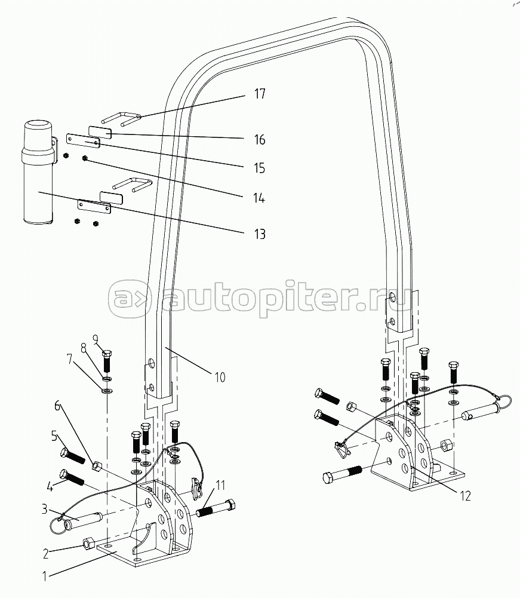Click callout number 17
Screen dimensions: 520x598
click(260, 94)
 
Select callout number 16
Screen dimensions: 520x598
click(260, 140)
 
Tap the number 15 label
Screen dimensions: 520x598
click(259, 168)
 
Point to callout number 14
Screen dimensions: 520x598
click(259, 198)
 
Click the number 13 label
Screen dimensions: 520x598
click(260, 234)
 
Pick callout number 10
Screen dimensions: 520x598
click(220, 377)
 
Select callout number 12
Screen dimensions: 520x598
click(465, 496)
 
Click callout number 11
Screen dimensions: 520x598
click(220, 486)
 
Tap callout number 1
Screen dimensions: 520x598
click(45, 576)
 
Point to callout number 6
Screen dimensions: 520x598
click(57, 406)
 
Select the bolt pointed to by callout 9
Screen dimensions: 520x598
click(107, 361)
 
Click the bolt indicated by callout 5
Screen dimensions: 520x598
click(72, 456)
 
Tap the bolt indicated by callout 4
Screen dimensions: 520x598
click(72, 477)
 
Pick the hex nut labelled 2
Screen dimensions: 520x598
click(88, 543)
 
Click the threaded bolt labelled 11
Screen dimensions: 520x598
click(216, 509)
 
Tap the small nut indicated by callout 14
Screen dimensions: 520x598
click(85, 158)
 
